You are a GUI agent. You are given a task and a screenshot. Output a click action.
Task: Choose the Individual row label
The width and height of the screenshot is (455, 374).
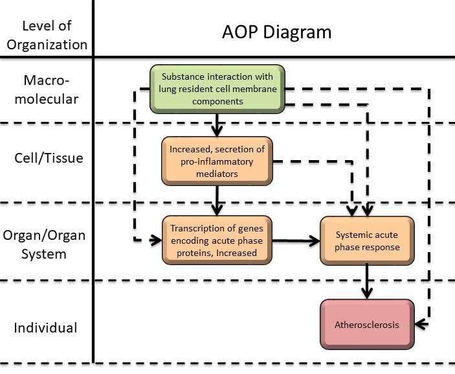(x=45, y=327)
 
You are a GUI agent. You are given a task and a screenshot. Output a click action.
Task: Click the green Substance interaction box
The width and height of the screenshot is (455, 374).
(x=218, y=89)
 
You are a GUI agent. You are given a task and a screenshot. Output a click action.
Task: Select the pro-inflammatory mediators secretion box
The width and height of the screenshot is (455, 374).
(x=217, y=161)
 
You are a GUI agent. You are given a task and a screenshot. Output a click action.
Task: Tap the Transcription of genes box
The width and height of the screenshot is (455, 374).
(x=217, y=240)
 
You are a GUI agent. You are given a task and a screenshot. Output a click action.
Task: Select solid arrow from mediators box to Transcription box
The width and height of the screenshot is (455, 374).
(x=218, y=200)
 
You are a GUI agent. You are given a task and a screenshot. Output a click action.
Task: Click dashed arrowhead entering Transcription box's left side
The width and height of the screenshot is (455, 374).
(x=156, y=240)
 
